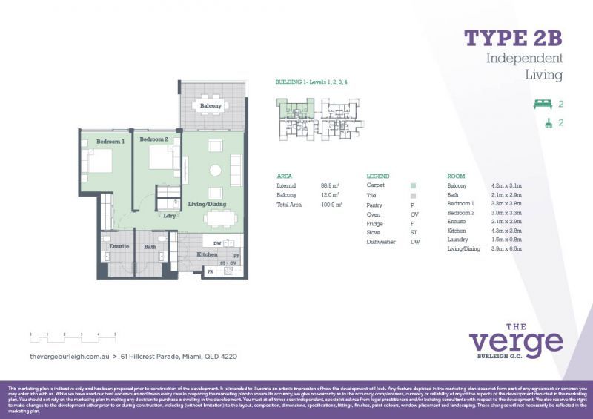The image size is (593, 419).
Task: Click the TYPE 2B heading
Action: pyautogui.click(x=513, y=38)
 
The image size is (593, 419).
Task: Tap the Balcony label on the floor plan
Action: pyautogui.click(x=211, y=106)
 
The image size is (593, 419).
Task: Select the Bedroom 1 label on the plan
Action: pyautogui.click(x=110, y=140)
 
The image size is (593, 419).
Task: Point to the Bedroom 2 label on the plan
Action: pyautogui.click(x=155, y=139)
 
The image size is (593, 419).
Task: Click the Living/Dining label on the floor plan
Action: pyautogui.click(x=206, y=204)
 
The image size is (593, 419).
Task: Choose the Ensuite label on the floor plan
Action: pyautogui.click(x=119, y=246)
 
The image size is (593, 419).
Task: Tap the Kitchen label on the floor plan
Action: pyautogui.click(x=207, y=254)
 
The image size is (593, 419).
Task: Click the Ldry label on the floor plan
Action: pyautogui.click(x=169, y=216)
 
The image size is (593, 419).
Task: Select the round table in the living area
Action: pyautogui.click(x=215, y=170)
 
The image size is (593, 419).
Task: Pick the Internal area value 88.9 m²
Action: pyautogui.click(x=330, y=185)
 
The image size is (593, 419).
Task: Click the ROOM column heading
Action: pyautogui.click(x=457, y=176)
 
